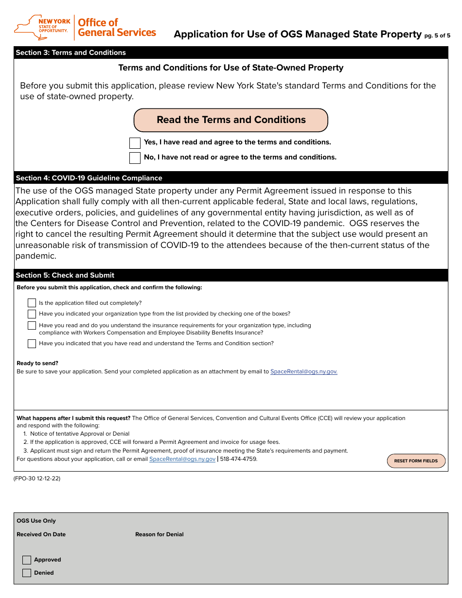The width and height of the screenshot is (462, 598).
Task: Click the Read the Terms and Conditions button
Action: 231,120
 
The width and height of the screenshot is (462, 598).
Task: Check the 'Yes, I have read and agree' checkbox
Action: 135,143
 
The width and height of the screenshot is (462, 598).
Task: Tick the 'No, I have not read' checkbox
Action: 135,158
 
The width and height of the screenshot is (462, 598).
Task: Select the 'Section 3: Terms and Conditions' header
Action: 71,53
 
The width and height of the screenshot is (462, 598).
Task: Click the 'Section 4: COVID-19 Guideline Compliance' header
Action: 89,178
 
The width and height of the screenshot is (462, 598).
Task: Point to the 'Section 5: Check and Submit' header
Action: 65,275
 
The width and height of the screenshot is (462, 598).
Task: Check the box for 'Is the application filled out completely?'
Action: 32,303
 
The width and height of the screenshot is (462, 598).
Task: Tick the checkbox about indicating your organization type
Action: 32,314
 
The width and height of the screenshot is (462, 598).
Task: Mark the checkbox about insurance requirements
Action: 32,326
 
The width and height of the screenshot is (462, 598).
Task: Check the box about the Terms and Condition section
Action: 32,344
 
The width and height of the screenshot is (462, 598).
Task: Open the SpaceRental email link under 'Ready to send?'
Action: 303,371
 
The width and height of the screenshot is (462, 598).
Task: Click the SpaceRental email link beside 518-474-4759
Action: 182,459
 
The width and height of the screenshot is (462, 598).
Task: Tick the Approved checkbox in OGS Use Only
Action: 27,560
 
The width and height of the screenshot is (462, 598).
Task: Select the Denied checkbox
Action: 27,573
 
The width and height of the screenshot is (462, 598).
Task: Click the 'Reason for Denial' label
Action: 160,534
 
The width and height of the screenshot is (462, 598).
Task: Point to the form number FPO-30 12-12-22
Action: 37,478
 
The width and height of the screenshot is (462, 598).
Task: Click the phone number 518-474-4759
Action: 238,459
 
